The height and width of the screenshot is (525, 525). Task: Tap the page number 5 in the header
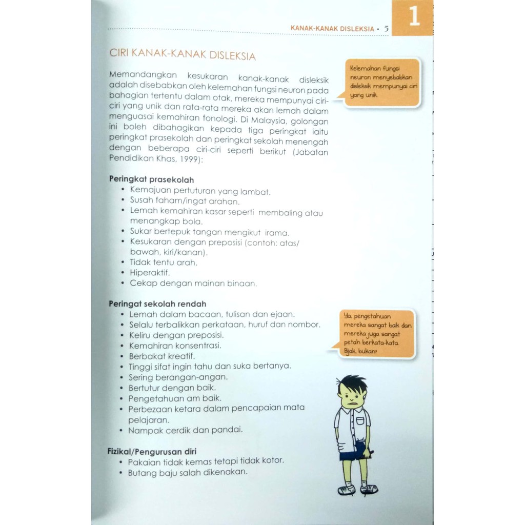[x=387, y=29]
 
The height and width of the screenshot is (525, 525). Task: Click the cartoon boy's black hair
[x=353, y=383]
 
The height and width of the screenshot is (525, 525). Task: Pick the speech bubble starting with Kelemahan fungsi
[x=382, y=82]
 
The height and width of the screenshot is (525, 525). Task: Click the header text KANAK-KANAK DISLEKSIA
[x=332, y=29]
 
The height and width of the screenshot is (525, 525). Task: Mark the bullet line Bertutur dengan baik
[x=172, y=387]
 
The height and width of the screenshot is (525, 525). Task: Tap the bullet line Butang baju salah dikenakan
[x=188, y=472]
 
